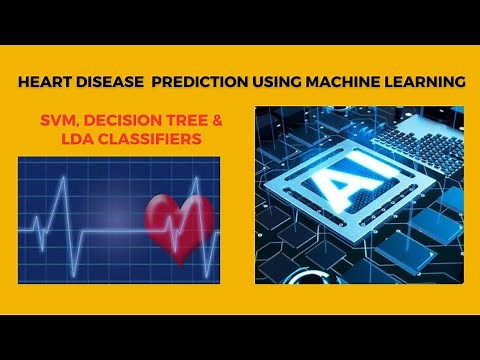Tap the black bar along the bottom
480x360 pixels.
pos(240,337)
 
